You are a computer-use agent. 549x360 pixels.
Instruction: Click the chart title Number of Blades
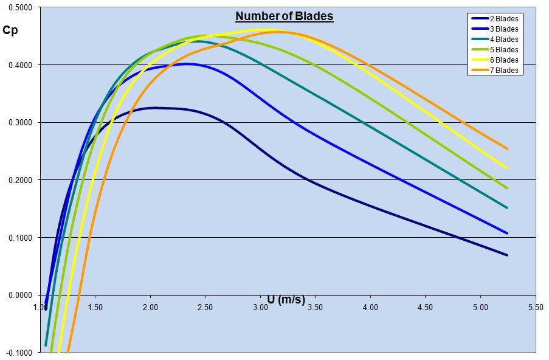pos(285,16)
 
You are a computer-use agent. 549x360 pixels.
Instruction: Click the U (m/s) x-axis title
pos(286,299)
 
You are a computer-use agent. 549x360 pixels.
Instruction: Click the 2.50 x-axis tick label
pos(205,308)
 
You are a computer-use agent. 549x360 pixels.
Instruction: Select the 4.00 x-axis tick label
pos(370,308)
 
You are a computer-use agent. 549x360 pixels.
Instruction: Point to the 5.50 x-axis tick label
pos(535,308)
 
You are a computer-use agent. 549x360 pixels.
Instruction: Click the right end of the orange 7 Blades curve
pos(507,148)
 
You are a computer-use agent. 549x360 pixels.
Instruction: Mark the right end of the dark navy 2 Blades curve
pos(507,255)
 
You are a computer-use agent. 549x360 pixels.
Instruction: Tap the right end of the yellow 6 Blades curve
pos(507,168)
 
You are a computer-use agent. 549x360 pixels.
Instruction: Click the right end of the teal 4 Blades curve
pos(507,208)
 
